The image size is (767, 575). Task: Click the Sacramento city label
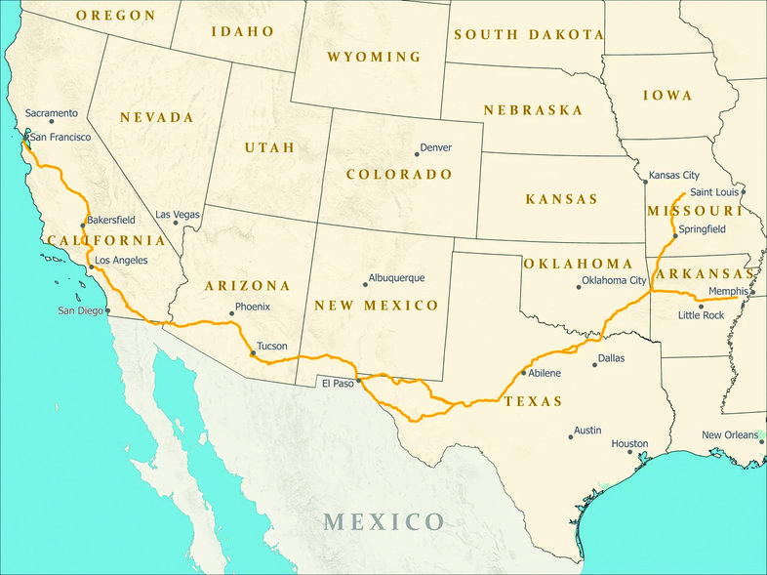click(52, 112)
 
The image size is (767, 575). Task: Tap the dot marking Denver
click(417, 153)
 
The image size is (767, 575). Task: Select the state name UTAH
click(269, 147)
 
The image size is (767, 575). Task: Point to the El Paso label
click(338, 384)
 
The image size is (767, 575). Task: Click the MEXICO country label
click(384, 520)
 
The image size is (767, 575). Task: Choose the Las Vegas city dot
click(177, 223)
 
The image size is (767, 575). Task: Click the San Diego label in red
click(80, 311)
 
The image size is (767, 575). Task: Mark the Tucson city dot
click(253, 353)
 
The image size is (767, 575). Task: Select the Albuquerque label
click(397, 278)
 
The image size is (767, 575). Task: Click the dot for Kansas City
click(645, 181)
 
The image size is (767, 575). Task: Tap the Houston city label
click(629, 444)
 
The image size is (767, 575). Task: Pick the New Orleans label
click(730, 434)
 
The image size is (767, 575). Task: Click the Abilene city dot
click(525, 374)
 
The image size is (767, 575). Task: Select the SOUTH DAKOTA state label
click(528, 34)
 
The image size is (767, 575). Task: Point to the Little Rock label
click(702, 315)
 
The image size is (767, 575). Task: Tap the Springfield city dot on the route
click(674, 236)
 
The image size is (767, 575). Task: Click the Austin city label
click(587, 431)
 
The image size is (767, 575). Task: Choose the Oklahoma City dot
click(579, 287)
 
